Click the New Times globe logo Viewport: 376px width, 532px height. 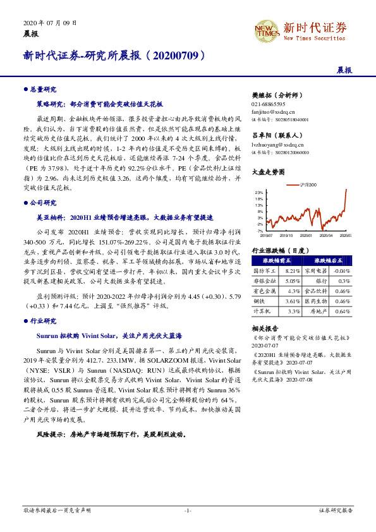point(265,28)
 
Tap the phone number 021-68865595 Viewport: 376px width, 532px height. point(269,104)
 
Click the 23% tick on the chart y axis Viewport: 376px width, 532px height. point(259,191)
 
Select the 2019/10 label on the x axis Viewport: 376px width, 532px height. point(288,236)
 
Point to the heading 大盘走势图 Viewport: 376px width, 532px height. point(266,171)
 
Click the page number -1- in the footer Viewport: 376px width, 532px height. point(188,510)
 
